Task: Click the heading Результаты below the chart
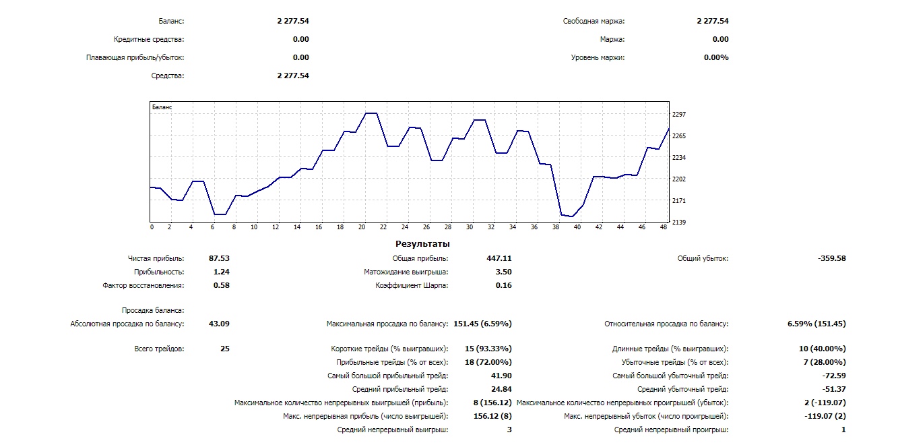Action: tap(422, 244)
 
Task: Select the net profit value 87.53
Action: tap(219, 259)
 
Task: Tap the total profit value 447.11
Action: tap(499, 259)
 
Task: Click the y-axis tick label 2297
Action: tap(678, 115)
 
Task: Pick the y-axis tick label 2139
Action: tap(678, 223)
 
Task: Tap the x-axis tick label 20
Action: tap(362, 228)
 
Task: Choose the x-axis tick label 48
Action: tap(664, 228)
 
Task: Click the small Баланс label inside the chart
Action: tap(162, 107)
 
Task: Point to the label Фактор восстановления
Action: tap(143, 286)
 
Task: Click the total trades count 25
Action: tap(224, 349)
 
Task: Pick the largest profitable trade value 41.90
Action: tap(501, 376)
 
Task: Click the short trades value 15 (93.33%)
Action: tap(488, 349)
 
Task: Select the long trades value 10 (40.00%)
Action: tap(822, 349)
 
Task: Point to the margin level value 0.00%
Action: tap(716, 58)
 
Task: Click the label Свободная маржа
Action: tap(594, 22)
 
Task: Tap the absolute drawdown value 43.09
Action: tap(219, 324)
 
